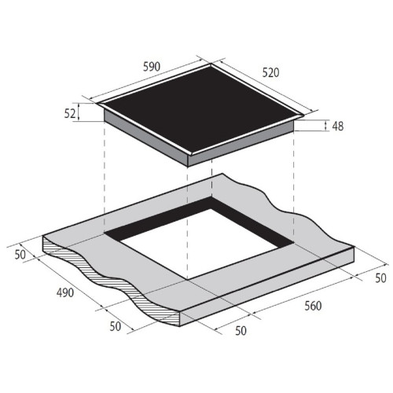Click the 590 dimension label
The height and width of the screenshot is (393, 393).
[x=152, y=67]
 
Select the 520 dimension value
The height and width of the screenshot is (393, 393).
[x=270, y=72]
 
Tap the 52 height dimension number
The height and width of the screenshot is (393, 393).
[x=70, y=113]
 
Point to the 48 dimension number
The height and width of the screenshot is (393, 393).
[x=338, y=127]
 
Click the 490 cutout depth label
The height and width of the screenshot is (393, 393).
[x=65, y=292]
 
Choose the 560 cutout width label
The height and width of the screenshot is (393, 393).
[x=313, y=306]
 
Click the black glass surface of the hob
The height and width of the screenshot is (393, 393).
[x=202, y=108]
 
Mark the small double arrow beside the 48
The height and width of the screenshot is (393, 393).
[x=325, y=126]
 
